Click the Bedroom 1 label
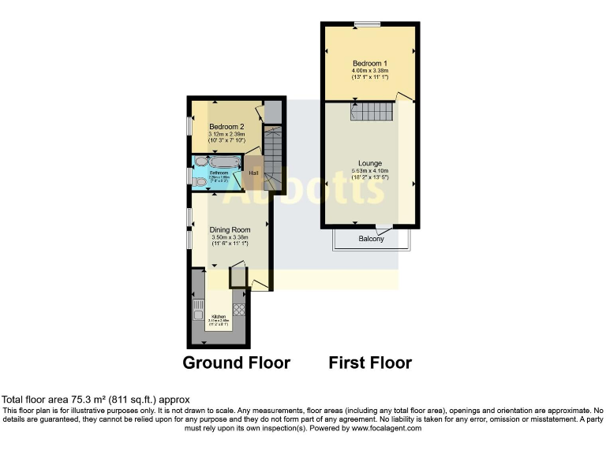click(x=369, y=62)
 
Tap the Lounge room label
click(x=369, y=162)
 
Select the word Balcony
click(x=371, y=239)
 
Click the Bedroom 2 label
click(x=226, y=126)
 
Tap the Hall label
click(x=254, y=173)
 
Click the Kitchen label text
click(x=219, y=317)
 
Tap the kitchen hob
click(x=239, y=310)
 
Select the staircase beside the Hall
click(x=272, y=158)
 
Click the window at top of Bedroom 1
click(x=367, y=25)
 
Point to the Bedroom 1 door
click(x=404, y=97)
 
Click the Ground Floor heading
click(x=236, y=363)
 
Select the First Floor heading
click(x=370, y=363)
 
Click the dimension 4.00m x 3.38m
click(x=369, y=71)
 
